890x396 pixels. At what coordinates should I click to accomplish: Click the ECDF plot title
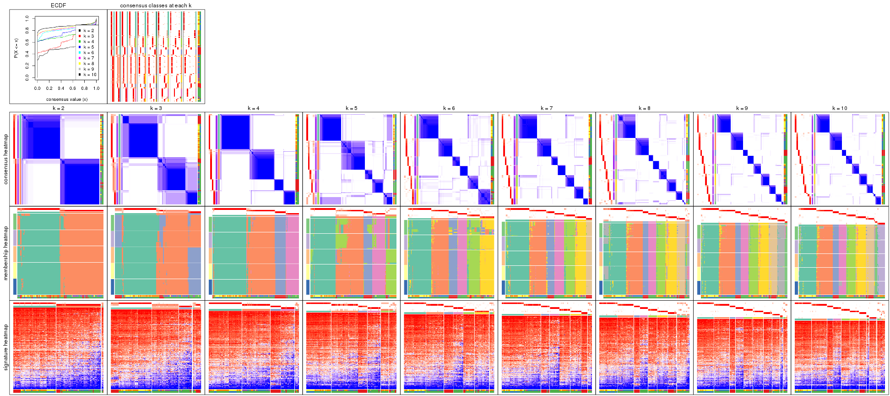pos(58,5)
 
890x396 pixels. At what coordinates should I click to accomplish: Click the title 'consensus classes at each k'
pos(156,5)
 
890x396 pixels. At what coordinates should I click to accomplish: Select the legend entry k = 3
pos(88,36)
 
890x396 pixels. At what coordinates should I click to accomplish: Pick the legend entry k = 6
pos(88,53)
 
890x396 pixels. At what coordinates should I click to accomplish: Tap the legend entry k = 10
pos(89,75)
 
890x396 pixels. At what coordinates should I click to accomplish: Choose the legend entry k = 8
pos(88,64)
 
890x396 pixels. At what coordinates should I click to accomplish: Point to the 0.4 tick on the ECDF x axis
pos(61,88)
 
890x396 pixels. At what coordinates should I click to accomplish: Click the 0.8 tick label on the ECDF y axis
pos(27,31)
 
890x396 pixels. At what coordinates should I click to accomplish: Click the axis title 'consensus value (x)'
pos(67,99)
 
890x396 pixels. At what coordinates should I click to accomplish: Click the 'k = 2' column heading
pos(58,109)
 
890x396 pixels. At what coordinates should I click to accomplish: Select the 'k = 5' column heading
pos(351,109)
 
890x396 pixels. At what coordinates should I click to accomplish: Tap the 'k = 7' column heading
pos(547,109)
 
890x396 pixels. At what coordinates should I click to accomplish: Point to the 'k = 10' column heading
pos(840,109)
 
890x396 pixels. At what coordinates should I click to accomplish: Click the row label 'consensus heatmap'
pos(6,159)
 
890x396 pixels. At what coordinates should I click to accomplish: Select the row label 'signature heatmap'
pos(6,347)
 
